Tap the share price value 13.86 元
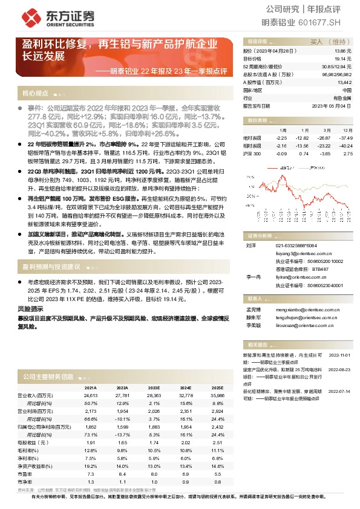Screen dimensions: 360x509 pos(343,53)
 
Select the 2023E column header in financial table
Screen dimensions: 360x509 pos(152,387)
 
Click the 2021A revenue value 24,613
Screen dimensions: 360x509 pos(90,395)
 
